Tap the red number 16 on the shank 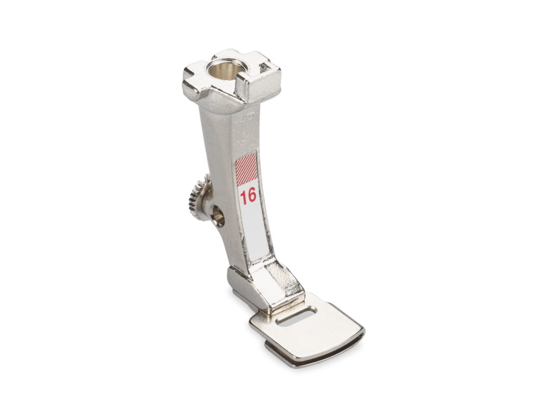tap(248, 196)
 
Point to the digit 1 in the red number tap(243, 196)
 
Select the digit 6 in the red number tap(252, 195)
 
